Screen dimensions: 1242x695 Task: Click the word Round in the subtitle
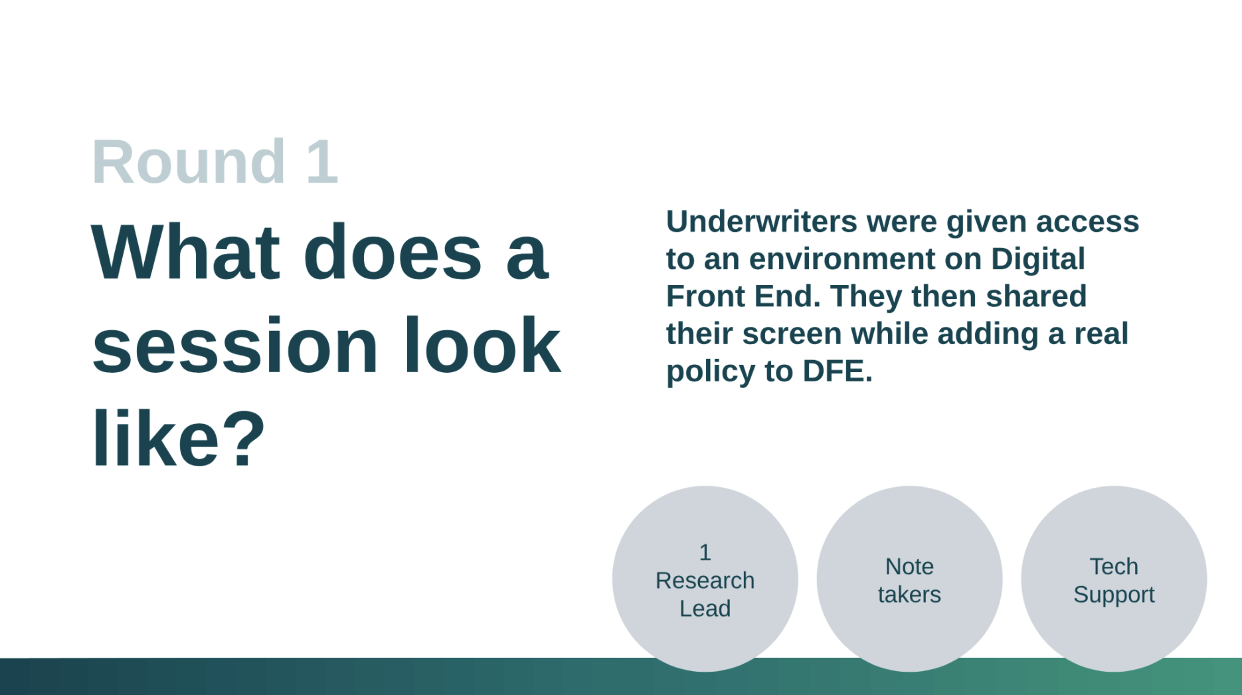(189, 161)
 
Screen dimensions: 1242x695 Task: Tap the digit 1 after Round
(323, 161)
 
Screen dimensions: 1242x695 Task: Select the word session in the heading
(235, 346)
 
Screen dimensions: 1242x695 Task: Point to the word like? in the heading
(179, 439)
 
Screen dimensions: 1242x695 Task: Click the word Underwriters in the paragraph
(761, 221)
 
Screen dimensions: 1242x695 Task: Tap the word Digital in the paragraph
(1038, 259)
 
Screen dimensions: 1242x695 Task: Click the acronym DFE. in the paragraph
(838, 371)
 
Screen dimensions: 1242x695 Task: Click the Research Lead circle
(705, 579)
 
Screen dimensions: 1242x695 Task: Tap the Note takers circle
(910, 579)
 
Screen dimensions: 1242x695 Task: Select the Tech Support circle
(1114, 579)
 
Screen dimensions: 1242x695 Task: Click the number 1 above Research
(705, 552)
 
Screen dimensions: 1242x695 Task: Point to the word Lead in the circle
(705, 608)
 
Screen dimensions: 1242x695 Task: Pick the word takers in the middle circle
(910, 594)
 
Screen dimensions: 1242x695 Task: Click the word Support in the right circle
(1114, 595)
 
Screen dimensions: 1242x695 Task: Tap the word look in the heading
(482, 346)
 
